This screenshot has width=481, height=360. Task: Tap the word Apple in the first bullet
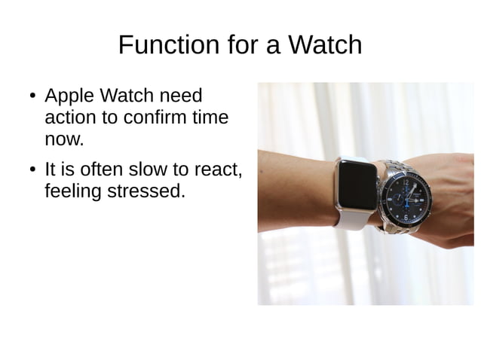pyautogui.click(x=70, y=96)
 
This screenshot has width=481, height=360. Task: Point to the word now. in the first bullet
pyautogui.click(x=64, y=139)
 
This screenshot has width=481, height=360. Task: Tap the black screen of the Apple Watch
pyautogui.click(x=356, y=185)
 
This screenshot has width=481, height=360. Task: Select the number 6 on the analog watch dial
pyautogui.click(x=405, y=218)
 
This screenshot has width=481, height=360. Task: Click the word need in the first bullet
pyautogui.click(x=183, y=96)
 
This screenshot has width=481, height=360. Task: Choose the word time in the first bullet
pyautogui.click(x=211, y=118)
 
